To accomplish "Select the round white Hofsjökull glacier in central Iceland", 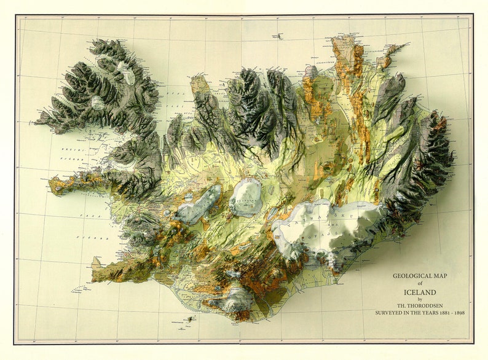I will click(246, 197).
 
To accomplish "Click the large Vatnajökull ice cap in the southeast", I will click(326, 227).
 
